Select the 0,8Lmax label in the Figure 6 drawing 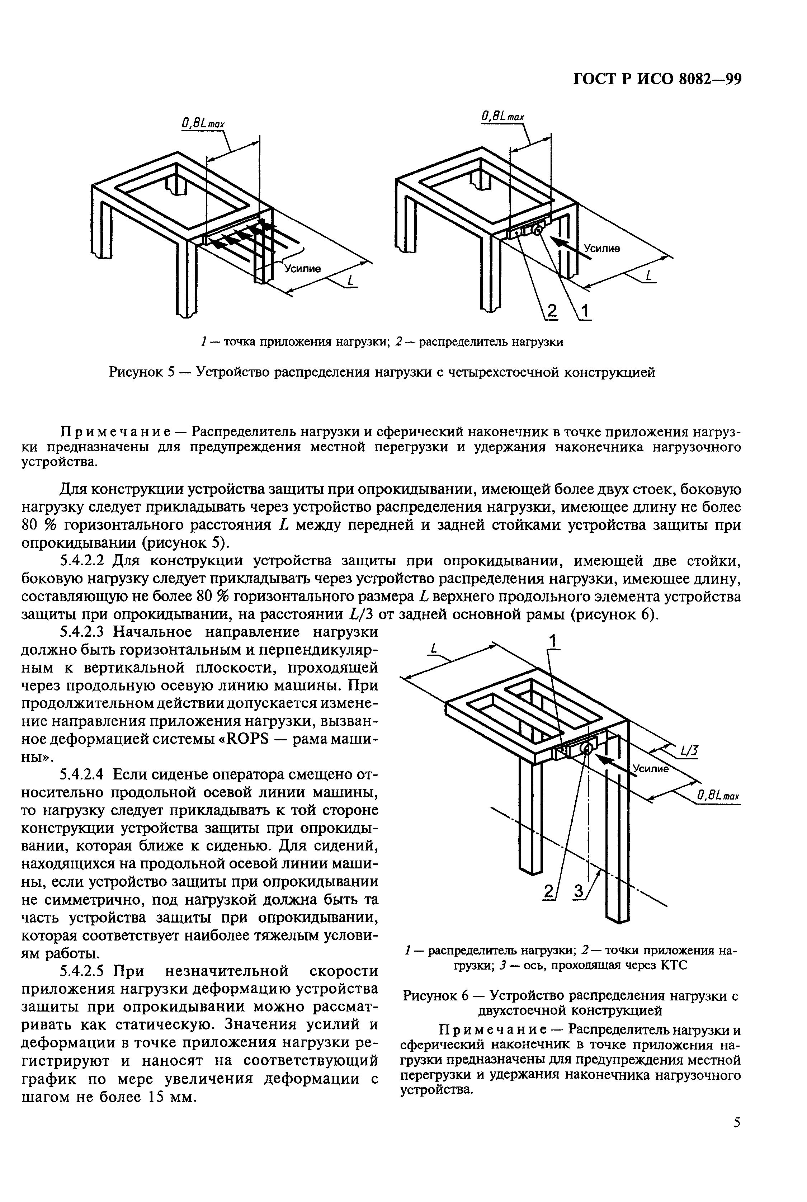(x=718, y=797)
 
